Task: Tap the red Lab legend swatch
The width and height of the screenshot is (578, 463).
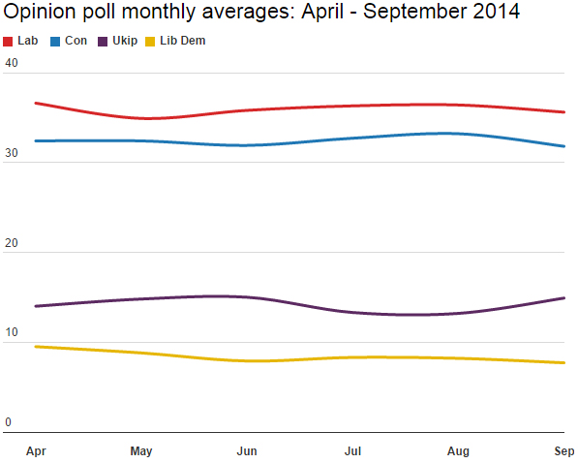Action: pyautogui.click(x=9, y=42)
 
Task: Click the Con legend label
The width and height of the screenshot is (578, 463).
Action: pyautogui.click(x=76, y=41)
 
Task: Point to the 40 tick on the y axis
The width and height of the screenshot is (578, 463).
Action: pyautogui.click(x=12, y=63)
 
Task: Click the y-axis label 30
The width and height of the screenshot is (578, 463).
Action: pyautogui.click(x=12, y=153)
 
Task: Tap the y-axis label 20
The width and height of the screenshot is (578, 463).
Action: pyautogui.click(x=12, y=243)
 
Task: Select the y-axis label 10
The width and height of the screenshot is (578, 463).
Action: pyautogui.click(x=12, y=333)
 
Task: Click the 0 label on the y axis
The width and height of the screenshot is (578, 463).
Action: pyautogui.click(x=8, y=422)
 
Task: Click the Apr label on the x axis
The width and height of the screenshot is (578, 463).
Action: pyautogui.click(x=37, y=450)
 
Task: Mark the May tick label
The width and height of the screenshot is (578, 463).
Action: pyautogui.click(x=141, y=450)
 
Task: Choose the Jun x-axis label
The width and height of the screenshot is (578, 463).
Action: pyautogui.click(x=247, y=450)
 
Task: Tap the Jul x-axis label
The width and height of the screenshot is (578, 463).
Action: pyautogui.click(x=352, y=450)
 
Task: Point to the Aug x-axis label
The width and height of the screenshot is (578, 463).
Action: pyautogui.click(x=458, y=450)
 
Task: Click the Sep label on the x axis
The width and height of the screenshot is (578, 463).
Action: pyautogui.click(x=563, y=450)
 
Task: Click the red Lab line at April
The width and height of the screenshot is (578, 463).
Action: pyautogui.click(x=37, y=103)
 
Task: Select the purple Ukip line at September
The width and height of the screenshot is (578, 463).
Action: pyautogui.click(x=563, y=298)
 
